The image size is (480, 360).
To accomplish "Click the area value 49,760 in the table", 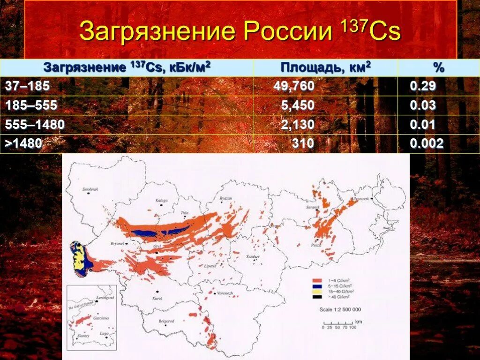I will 294,86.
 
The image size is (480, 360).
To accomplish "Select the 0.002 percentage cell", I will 426,143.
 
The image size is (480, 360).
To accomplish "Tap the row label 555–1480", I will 35,124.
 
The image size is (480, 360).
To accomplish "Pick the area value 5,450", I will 298,105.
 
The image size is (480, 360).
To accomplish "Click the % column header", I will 438,67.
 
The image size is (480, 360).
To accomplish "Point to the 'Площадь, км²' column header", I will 326,67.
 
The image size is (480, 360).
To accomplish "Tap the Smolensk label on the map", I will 91,189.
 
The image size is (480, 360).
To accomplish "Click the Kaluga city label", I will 161,200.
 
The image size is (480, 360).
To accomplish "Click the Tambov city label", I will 253,257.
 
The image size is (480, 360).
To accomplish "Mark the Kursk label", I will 157,298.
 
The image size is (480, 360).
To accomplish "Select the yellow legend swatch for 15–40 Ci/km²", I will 316,291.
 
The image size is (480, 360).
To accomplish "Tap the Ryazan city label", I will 225,199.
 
